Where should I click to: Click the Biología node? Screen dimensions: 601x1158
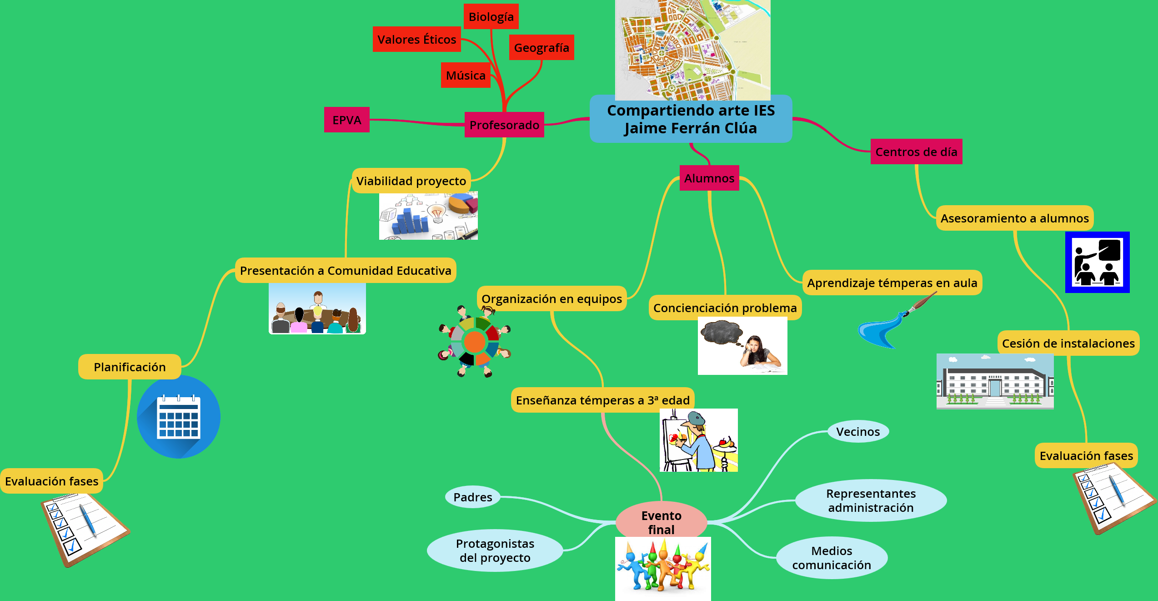pos(491,17)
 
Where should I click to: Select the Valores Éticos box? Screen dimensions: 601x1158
pos(416,40)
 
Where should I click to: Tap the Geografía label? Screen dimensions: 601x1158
pos(541,48)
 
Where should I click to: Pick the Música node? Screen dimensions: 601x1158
pos(466,76)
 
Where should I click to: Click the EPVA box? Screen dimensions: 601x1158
pos(346,120)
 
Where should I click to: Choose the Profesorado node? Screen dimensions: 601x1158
pos(504,125)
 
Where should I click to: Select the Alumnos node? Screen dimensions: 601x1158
pos(709,178)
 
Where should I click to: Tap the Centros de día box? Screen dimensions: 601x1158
pos(916,152)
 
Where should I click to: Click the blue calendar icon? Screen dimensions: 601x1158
pos(178,417)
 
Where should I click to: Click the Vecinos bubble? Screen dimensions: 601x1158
pos(858,432)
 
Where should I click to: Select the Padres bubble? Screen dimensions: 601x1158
pos(473,497)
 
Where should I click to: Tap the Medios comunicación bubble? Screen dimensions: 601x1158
pos(832,558)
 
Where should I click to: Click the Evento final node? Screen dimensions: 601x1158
pos(661,522)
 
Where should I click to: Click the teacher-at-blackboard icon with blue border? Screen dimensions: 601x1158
pos(1097,263)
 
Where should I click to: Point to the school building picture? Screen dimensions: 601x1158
pos(995,381)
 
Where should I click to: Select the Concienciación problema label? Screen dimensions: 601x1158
pos(725,308)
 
